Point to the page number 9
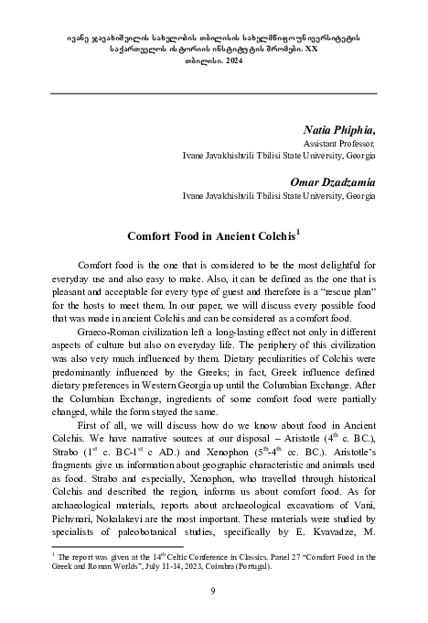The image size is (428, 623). coord(214,592)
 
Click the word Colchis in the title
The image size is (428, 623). coord(270,236)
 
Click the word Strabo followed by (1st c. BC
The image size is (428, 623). coord(70,453)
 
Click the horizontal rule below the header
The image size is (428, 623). coord(214,93)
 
